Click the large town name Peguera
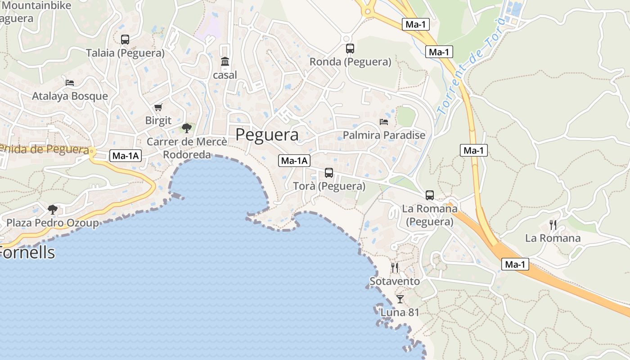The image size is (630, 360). [267, 135]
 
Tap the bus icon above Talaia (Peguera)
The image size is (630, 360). [125, 40]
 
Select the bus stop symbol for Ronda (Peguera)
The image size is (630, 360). [350, 49]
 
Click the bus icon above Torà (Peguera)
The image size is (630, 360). [329, 173]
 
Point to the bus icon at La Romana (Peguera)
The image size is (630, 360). [430, 195]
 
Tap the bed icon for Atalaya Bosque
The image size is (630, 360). [70, 83]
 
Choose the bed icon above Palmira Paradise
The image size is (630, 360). [384, 122]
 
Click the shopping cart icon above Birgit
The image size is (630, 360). [158, 108]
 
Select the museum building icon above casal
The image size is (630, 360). [225, 62]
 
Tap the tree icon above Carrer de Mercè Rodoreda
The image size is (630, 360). [187, 128]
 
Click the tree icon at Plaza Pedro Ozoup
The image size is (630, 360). [53, 209]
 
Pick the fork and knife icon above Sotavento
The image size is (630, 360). [395, 268]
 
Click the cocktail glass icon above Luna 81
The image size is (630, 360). [400, 299]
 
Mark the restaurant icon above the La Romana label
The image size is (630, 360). [553, 225]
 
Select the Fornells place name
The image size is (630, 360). [28, 252]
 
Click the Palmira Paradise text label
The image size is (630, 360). [384, 135]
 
